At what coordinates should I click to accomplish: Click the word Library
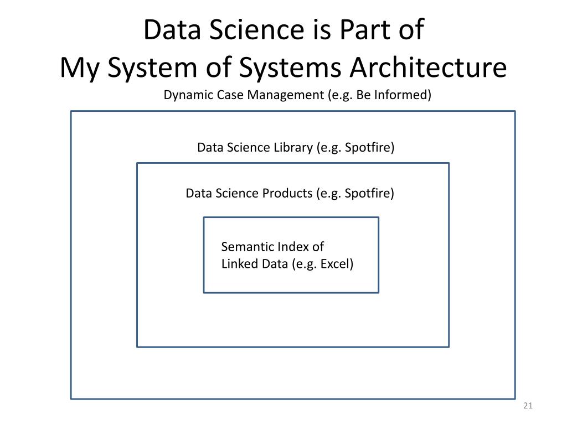293,148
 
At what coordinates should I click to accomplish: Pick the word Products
287,193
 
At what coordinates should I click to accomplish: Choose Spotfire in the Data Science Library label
368,148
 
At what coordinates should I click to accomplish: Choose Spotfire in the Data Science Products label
368,193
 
